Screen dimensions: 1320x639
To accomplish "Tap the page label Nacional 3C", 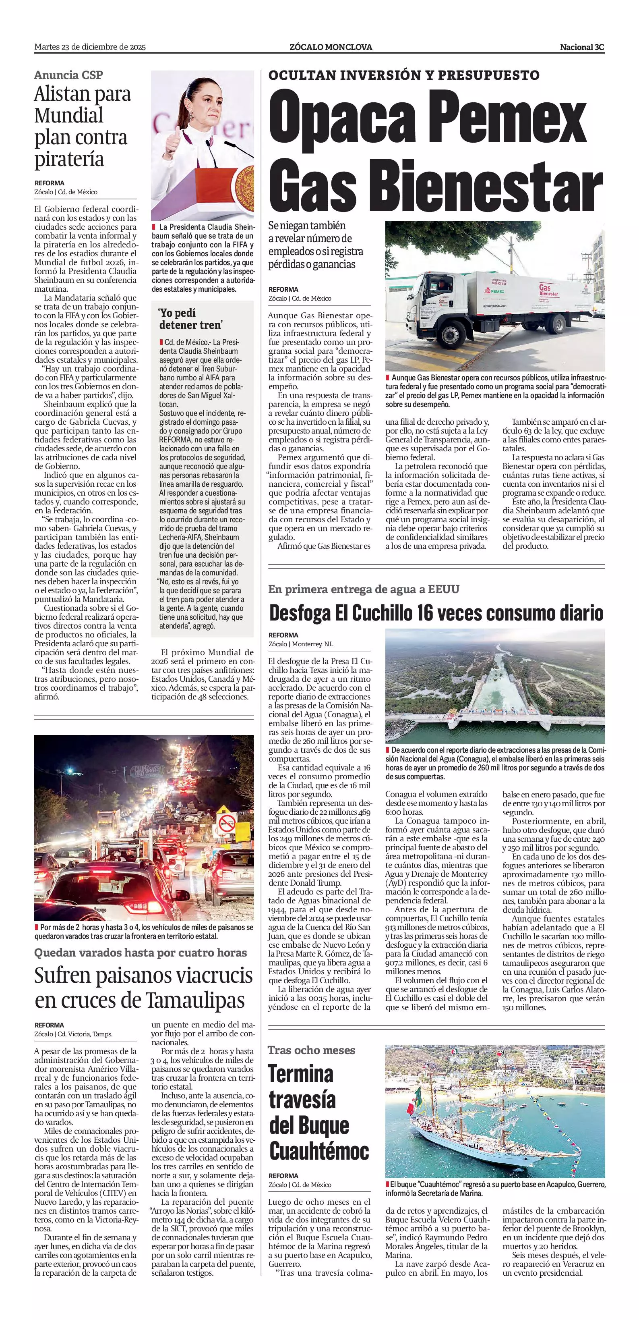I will pos(582,47).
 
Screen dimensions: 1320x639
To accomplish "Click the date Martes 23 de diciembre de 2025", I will pos(90,47).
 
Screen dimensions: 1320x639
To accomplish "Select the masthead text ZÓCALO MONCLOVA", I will pos(330,47).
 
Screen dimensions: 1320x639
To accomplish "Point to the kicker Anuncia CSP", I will pos(68,75).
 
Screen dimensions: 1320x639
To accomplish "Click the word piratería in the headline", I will pos(69,160).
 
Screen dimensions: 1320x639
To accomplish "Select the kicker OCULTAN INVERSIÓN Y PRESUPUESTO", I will pos(403,75).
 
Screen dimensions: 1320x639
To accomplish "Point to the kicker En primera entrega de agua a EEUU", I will pos(364,589).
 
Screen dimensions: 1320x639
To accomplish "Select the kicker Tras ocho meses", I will pos(311,1050).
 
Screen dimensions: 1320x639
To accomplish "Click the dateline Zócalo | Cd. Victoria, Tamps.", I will pos(73,1034).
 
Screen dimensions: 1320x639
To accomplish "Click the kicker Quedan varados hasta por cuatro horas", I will pos(140,953).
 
